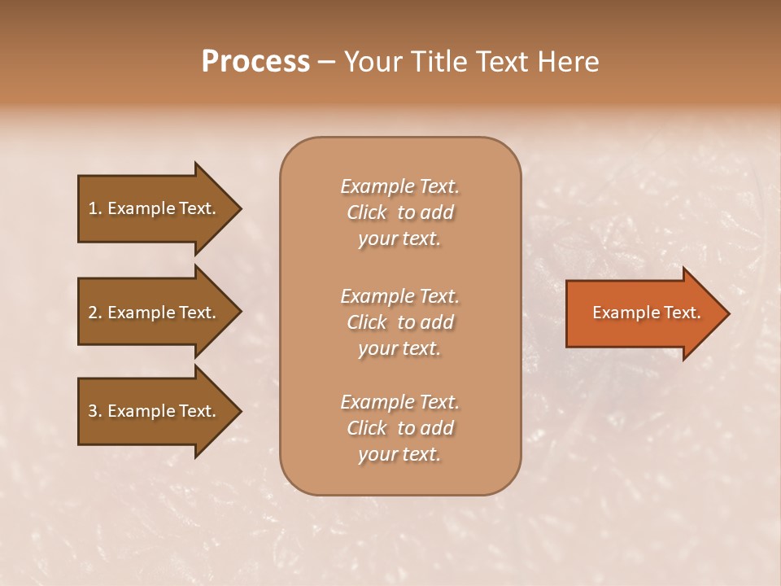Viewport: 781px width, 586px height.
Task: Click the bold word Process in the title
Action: (255, 62)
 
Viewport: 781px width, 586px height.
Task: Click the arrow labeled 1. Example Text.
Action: (155, 208)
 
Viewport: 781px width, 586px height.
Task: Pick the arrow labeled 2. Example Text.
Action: (155, 313)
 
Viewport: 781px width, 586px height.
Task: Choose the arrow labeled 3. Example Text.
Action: (155, 411)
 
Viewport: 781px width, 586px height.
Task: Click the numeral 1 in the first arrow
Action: (92, 208)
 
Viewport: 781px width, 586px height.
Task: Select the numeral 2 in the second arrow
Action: (92, 313)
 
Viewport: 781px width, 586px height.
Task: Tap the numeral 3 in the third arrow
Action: (92, 411)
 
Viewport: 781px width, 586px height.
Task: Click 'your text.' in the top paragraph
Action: (399, 238)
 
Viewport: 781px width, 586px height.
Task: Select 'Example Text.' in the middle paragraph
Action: (399, 296)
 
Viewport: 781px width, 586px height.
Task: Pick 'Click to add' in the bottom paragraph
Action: (399, 428)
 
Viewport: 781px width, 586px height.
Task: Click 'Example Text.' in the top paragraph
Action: (399, 186)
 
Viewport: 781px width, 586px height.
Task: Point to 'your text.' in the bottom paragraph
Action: (399, 454)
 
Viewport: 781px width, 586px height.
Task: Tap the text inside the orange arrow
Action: (647, 313)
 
